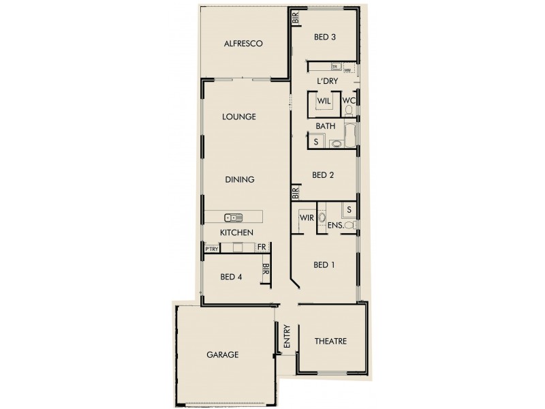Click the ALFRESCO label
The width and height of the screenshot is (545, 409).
[x=243, y=44]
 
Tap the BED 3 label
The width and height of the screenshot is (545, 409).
[x=324, y=37]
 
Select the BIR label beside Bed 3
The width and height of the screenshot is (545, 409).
[x=296, y=19]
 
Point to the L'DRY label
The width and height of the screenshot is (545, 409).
[x=328, y=81]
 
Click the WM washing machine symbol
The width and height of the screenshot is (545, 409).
[x=347, y=70]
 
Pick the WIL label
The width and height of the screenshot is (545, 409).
[x=324, y=101]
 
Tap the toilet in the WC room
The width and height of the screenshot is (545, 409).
[x=356, y=102]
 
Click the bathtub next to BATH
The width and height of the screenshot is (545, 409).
[x=350, y=136]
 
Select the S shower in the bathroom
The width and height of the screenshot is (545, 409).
[x=316, y=142]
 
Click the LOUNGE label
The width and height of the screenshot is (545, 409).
[x=239, y=117]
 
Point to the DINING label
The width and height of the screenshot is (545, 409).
[x=239, y=180]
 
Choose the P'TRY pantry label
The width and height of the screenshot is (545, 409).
[x=211, y=249]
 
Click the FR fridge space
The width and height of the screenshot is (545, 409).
[x=261, y=247]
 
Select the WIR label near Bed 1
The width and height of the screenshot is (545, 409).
[x=305, y=217]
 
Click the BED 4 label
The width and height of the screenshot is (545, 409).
[x=231, y=277]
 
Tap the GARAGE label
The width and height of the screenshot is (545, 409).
[x=222, y=355]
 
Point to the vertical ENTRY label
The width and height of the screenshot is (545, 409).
[x=287, y=337]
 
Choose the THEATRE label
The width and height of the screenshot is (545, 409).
[x=331, y=342]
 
